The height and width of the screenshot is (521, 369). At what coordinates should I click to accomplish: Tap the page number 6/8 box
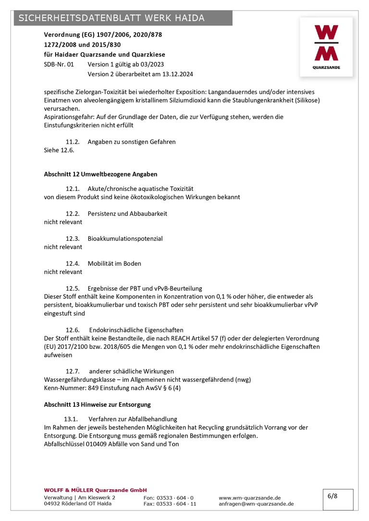tap(332, 496)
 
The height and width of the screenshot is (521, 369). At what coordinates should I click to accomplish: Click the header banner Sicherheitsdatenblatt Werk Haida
tap(112, 18)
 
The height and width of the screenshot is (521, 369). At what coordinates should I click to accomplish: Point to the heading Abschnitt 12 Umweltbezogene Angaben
tap(100, 174)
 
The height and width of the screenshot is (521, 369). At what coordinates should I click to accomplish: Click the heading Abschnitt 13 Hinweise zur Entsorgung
tap(97, 404)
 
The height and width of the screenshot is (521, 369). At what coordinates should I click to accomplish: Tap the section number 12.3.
tap(72, 238)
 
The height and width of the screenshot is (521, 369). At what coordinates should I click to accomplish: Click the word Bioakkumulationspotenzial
tap(125, 238)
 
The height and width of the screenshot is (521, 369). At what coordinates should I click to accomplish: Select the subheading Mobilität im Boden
tap(114, 263)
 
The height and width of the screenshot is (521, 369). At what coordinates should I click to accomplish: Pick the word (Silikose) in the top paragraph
tap(306, 100)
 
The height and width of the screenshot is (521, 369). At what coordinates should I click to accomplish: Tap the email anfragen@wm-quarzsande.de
tap(256, 504)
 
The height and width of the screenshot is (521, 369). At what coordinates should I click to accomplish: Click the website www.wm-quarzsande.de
tap(249, 498)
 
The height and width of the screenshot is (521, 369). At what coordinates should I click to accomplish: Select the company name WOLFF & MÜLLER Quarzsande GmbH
tap(95, 490)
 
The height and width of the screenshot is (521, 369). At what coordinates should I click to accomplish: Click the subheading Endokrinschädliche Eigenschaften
tap(136, 330)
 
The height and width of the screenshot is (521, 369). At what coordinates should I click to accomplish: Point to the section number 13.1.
tap(72, 419)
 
